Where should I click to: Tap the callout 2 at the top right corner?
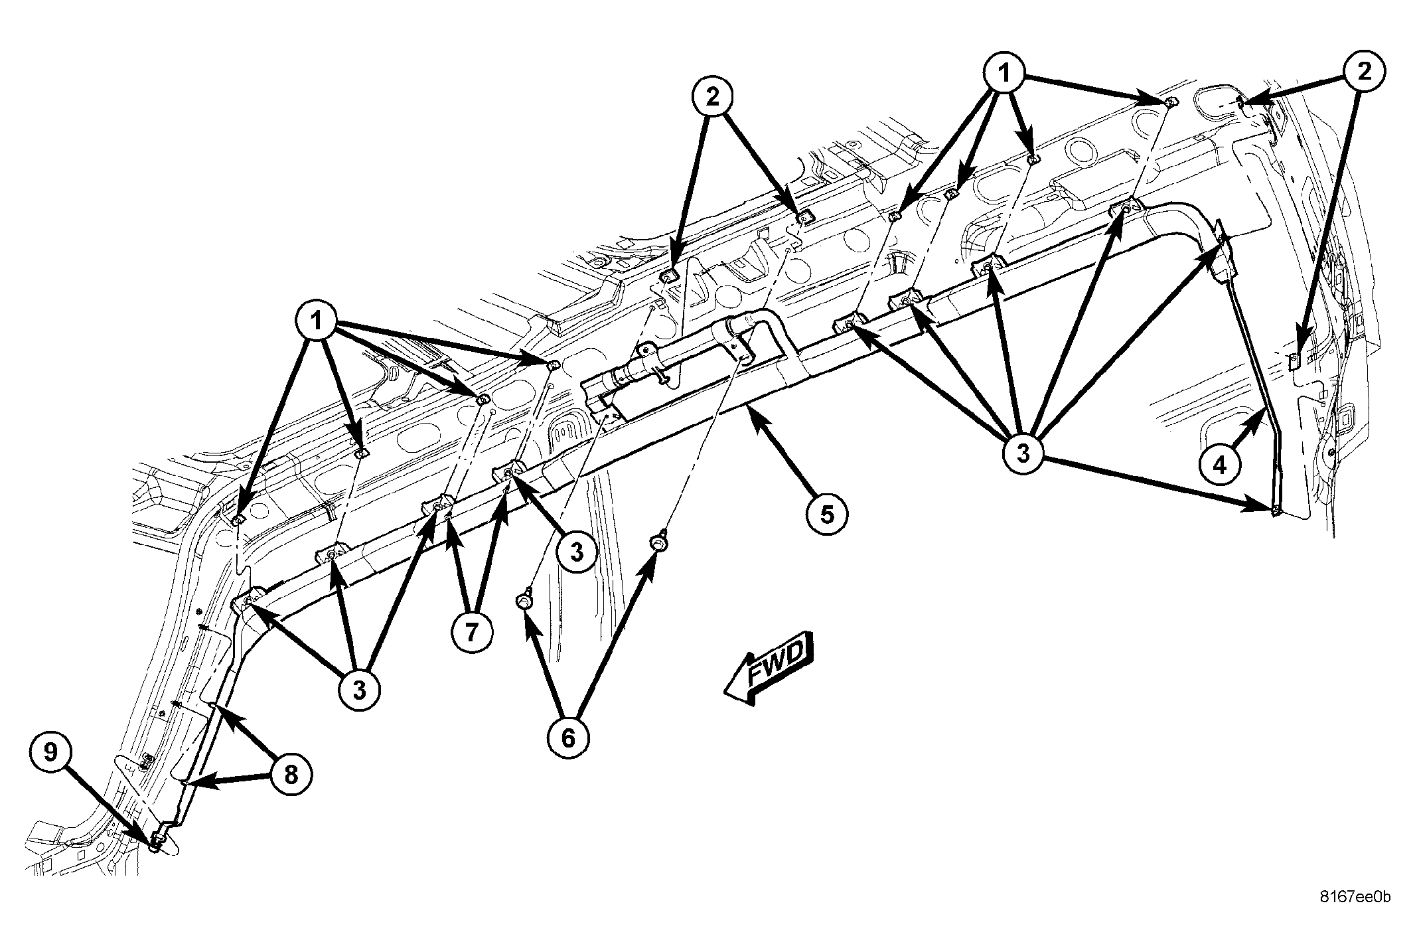(x=1364, y=72)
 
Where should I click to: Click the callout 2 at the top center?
(x=712, y=98)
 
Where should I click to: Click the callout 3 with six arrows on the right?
(x=1023, y=453)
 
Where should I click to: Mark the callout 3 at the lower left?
(x=359, y=690)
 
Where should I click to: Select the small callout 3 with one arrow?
(x=576, y=551)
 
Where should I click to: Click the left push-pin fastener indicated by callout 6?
(x=522, y=601)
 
